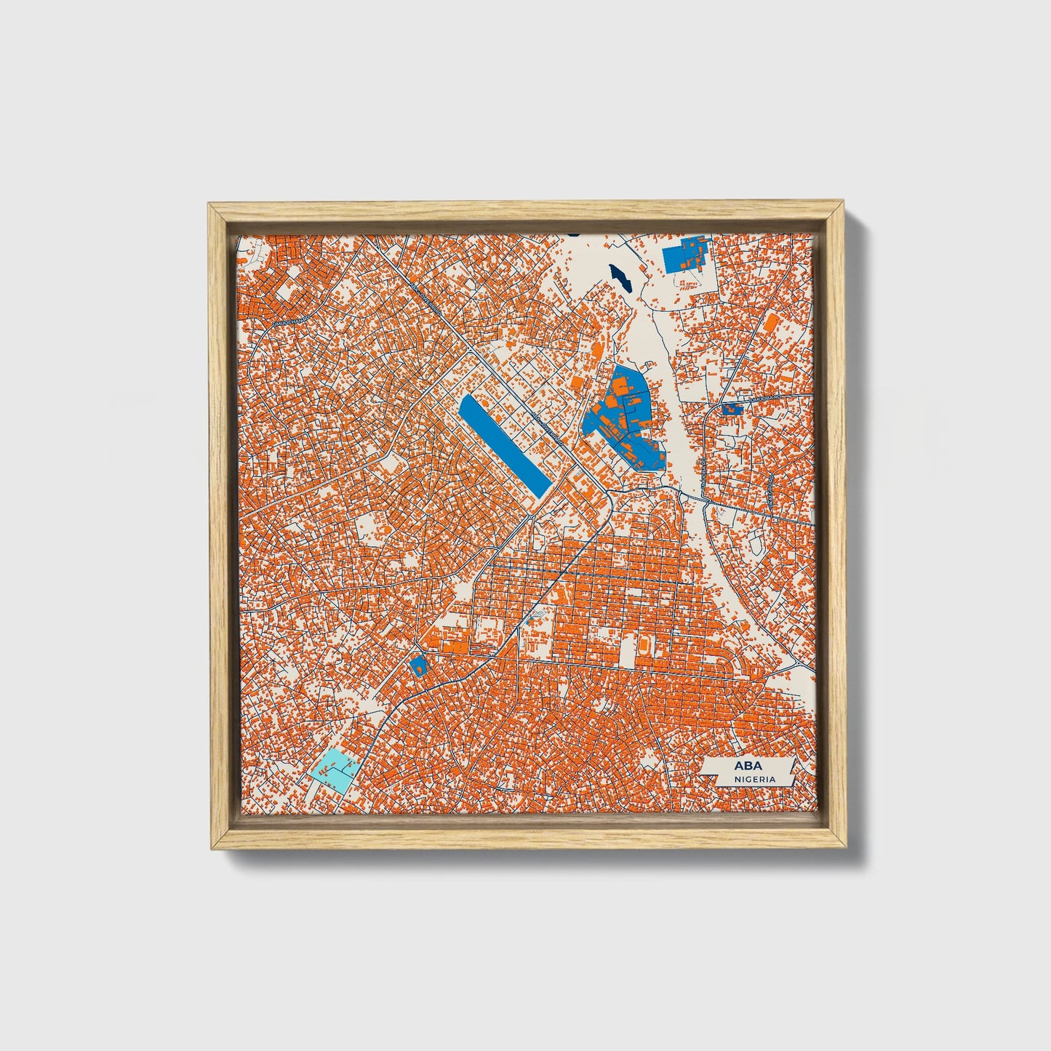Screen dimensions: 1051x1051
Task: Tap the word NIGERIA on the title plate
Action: (x=754, y=779)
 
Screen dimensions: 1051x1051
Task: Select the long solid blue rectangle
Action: (x=504, y=446)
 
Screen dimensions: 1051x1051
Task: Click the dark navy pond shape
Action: (x=621, y=276)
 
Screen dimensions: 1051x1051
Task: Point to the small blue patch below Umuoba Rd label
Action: (x=732, y=410)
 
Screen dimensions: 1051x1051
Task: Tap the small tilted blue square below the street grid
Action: (x=418, y=665)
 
